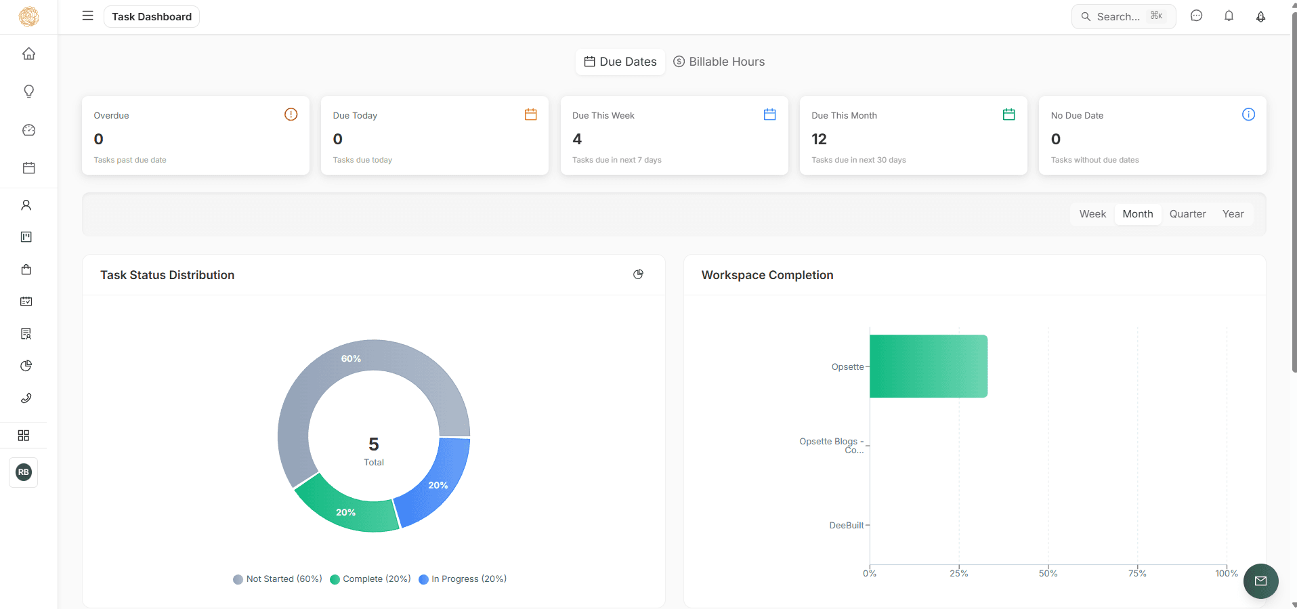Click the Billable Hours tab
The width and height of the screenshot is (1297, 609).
click(719, 62)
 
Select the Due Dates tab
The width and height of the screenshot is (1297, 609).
click(620, 62)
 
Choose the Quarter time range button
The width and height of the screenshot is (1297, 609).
click(1187, 214)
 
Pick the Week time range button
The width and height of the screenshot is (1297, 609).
click(1092, 214)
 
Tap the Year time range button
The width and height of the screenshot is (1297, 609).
click(1233, 214)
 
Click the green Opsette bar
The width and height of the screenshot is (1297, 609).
click(928, 366)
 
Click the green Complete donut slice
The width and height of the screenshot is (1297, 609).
click(346, 509)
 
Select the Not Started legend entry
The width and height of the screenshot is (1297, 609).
click(278, 579)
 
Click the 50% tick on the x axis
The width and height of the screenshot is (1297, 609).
click(1048, 573)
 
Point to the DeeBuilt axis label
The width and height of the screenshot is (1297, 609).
click(847, 526)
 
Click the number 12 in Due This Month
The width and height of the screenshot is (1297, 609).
click(819, 140)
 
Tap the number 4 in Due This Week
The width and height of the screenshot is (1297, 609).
click(577, 140)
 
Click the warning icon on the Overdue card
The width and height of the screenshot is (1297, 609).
click(291, 114)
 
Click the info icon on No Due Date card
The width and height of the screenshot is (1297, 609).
click(1248, 114)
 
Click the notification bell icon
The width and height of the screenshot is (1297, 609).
click(1229, 16)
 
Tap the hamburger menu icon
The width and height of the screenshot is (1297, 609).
click(87, 16)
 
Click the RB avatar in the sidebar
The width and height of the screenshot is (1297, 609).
click(24, 472)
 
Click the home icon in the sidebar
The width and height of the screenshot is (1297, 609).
click(28, 54)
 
